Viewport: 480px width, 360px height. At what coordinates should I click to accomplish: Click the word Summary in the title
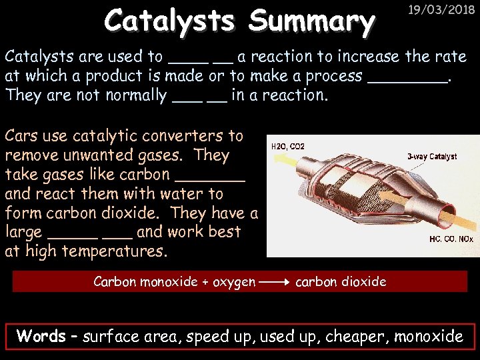(311, 22)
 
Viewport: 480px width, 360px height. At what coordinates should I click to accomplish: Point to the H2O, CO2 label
(288, 146)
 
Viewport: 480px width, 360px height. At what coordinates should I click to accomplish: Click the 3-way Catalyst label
(432, 157)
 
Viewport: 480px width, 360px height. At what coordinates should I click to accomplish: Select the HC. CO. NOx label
(451, 238)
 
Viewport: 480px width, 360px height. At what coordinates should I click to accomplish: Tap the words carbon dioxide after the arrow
(341, 282)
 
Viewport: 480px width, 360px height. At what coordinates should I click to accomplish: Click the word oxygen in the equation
(234, 282)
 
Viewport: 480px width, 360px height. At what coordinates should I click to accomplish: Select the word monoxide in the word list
(429, 337)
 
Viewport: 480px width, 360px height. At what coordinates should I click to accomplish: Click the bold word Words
(41, 336)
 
